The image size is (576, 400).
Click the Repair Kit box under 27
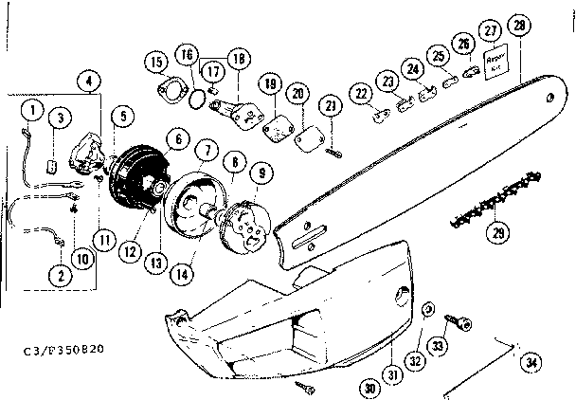click(x=497, y=64)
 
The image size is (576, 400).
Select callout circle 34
click(x=532, y=360)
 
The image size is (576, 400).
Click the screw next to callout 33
click(x=466, y=322)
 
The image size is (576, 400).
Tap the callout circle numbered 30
click(x=369, y=388)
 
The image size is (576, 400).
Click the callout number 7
click(x=205, y=151)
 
